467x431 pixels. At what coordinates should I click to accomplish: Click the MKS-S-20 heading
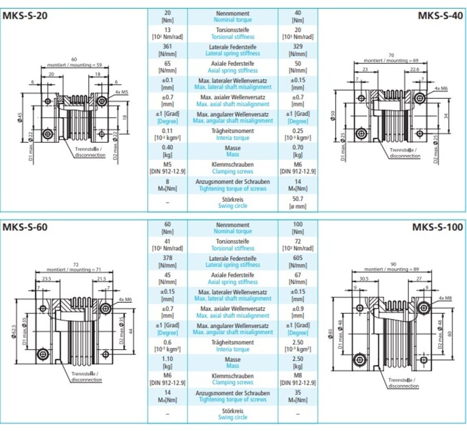point(26,15)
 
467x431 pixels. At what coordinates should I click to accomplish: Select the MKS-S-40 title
point(440,15)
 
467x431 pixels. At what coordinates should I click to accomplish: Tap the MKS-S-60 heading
point(26,228)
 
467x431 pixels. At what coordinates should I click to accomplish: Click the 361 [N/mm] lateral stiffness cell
point(168,50)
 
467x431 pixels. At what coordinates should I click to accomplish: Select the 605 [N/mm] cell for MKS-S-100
point(298,262)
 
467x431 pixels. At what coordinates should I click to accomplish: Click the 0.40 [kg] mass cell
point(168,151)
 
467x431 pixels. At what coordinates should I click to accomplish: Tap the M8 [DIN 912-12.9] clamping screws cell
point(298,379)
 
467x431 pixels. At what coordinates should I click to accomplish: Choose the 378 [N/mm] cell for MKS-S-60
point(168,262)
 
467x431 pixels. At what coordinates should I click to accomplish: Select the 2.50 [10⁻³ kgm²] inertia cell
point(298,346)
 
